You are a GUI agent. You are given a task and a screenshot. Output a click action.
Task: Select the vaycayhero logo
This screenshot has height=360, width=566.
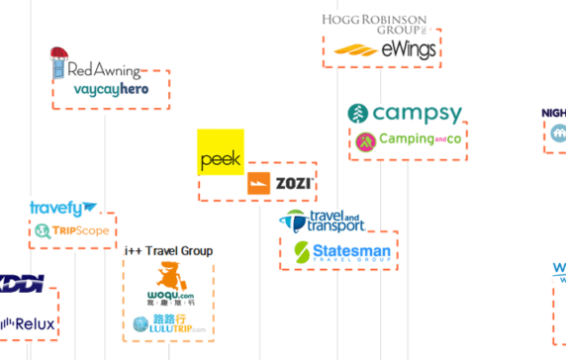click(111, 90)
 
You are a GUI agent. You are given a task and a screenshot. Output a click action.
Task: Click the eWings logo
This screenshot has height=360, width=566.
click(384, 49)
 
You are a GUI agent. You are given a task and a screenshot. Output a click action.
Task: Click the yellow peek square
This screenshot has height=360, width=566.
click(221, 152)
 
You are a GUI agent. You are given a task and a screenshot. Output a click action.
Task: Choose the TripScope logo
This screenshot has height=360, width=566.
click(72, 231)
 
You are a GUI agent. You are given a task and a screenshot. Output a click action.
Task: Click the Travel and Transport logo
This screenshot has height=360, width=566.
click(322, 222)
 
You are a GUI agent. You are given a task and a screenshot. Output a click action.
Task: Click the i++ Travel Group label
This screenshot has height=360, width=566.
click(168, 251)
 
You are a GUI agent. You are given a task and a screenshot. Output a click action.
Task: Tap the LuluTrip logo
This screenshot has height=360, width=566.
click(169, 323)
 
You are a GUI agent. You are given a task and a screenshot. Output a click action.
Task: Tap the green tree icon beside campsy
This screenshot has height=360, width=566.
click(358, 114)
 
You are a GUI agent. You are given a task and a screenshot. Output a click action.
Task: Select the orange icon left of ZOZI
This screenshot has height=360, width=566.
click(259, 183)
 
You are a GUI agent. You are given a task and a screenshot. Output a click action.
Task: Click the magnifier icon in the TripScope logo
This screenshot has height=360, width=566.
click(42, 231)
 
